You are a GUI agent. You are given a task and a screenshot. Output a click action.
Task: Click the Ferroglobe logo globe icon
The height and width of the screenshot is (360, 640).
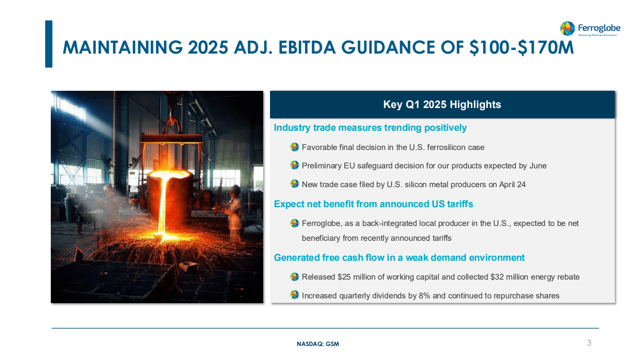568,28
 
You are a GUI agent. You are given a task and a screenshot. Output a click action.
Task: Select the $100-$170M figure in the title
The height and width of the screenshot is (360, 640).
522,48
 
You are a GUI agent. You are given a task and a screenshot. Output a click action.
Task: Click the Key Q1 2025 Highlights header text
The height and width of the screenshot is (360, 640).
442,104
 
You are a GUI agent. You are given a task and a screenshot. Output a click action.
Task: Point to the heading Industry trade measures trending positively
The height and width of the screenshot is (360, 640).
370,128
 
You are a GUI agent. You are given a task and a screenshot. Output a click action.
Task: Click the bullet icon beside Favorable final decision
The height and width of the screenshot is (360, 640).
294,147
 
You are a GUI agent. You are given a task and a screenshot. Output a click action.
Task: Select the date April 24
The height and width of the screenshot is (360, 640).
512,184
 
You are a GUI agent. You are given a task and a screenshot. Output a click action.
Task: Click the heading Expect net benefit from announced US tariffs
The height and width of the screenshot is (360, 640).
374,204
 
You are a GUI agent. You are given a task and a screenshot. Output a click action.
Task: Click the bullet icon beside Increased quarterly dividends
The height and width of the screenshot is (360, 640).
294,294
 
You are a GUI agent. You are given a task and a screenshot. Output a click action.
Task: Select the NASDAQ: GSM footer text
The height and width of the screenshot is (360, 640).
318,344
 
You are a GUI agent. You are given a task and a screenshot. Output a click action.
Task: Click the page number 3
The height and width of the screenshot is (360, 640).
589,343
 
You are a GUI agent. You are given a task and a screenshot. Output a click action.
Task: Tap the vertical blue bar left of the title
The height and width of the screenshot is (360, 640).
49,44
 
